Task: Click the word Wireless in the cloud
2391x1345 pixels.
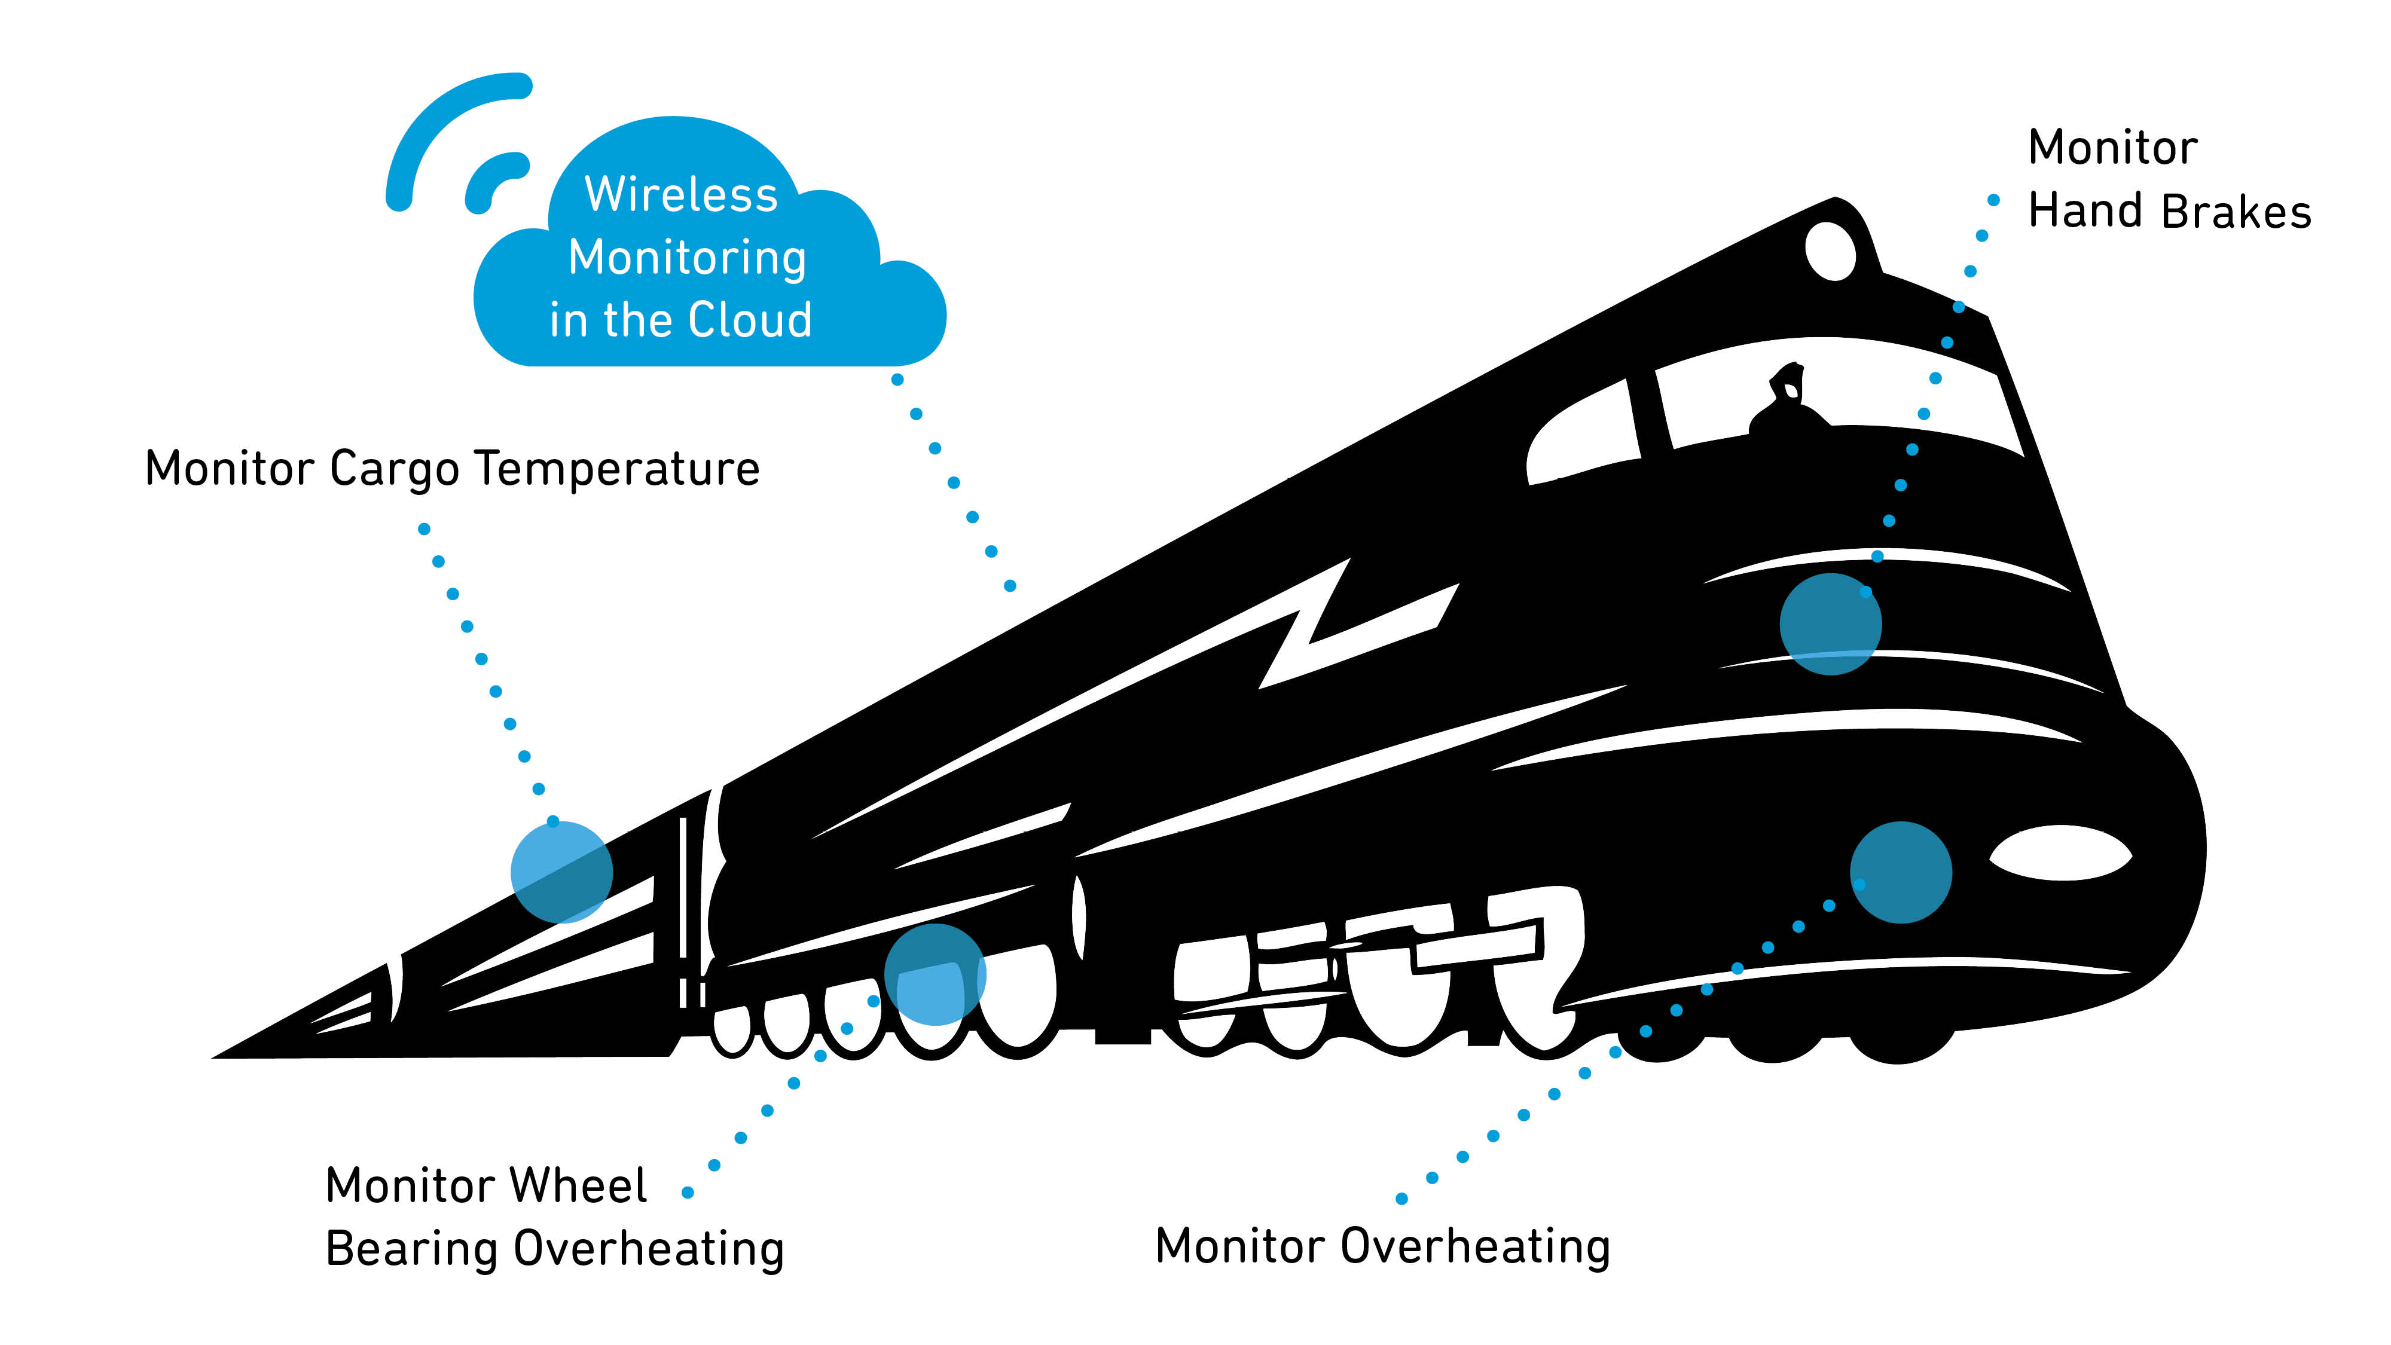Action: click(x=680, y=195)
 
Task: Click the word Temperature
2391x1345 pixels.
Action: click(x=616, y=469)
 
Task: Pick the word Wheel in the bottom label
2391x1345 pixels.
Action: click(x=578, y=1185)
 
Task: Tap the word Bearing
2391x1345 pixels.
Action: click(x=411, y=1249)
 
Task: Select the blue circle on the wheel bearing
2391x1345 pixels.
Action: click(x=935, y=974)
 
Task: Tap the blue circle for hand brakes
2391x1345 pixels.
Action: click(x=1830, y=623)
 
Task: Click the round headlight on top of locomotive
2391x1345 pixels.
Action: click(x=1830, y=250)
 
